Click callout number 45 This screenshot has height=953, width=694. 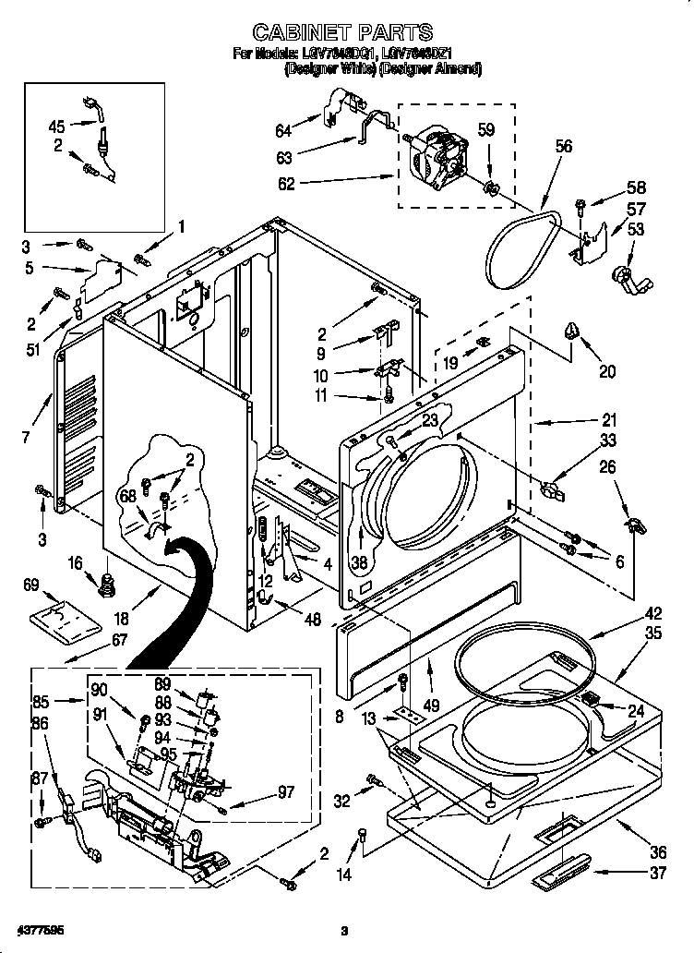[56, 127]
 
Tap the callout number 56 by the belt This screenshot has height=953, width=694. [565, 146]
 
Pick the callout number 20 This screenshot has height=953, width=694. [607, 372]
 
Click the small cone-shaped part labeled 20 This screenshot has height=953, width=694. [572, 330]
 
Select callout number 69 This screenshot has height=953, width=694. [30, 585]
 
